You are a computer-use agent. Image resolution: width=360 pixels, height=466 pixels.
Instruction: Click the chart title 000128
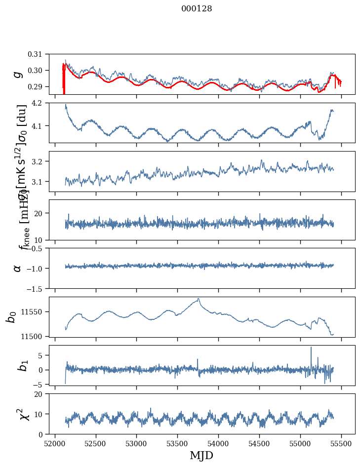[x=197, y=9]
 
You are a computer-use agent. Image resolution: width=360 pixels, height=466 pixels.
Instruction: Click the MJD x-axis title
[x=201, y=455]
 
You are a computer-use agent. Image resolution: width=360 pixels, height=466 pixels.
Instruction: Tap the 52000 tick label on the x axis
[x=55, y=443]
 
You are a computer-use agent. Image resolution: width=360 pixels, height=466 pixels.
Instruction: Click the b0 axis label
[x=11, y=316]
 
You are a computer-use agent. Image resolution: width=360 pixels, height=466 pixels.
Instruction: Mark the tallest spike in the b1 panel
[x=311, y=348]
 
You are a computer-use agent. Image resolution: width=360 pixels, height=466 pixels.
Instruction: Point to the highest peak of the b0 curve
[x=199, y=299]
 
